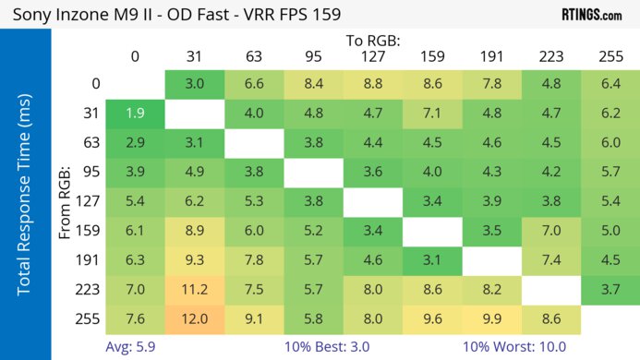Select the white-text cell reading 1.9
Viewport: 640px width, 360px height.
click(x=135, y=114)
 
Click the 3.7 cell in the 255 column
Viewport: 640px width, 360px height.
click(x=610, y=289)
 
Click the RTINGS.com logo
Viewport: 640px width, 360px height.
click(x=591, y=14)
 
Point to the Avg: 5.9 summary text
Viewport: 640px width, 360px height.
click(x=136, y=347)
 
